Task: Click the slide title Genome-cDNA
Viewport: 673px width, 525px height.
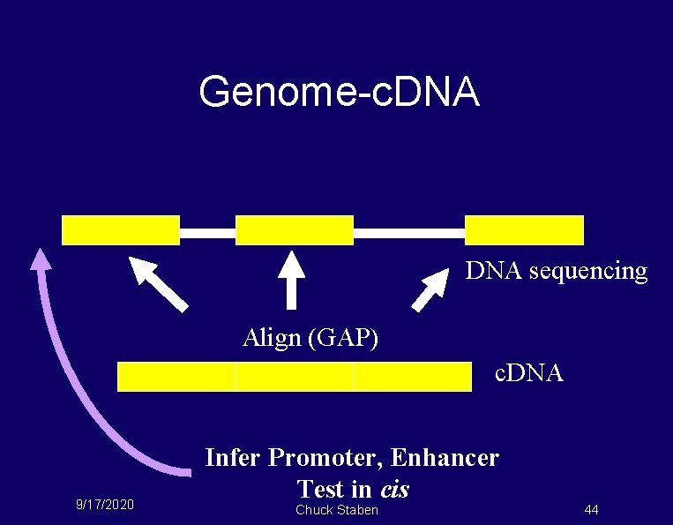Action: [340, 92]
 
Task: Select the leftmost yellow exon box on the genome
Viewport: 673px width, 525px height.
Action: [121, 229]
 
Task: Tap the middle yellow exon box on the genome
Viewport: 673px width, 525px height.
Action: [295, 229]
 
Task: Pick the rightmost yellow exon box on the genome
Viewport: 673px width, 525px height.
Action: [524, 229]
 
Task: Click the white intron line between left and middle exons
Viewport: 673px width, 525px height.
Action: [207, 233]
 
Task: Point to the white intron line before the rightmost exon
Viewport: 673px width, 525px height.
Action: [408, 233]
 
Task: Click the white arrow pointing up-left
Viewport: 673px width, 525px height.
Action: [159, 283]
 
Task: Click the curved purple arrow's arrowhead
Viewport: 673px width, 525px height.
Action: [40, 257]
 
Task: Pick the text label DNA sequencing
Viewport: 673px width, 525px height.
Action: [557, 271]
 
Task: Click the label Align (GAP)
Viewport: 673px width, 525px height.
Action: [310, 338]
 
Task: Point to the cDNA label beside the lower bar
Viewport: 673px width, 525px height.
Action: [528, 373]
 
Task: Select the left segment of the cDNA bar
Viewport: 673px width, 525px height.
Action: [176, 377]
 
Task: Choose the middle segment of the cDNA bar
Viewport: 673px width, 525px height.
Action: [295, 377]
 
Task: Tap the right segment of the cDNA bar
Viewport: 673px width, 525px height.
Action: [412, 377]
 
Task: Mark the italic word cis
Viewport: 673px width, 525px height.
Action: [394, 488]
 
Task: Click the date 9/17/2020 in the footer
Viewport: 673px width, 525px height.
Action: [105, 505]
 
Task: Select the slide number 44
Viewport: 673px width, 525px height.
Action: [591, 509]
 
